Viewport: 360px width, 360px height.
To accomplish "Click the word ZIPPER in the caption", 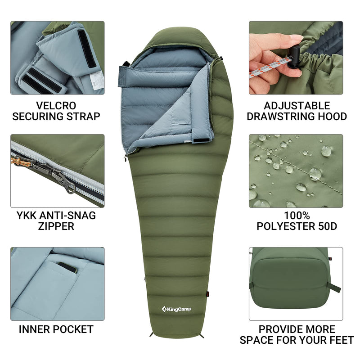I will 56,226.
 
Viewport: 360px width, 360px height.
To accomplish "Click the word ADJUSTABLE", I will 297,106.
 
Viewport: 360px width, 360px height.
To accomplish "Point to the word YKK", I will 27,215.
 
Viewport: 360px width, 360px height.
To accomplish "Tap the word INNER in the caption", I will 35,329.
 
